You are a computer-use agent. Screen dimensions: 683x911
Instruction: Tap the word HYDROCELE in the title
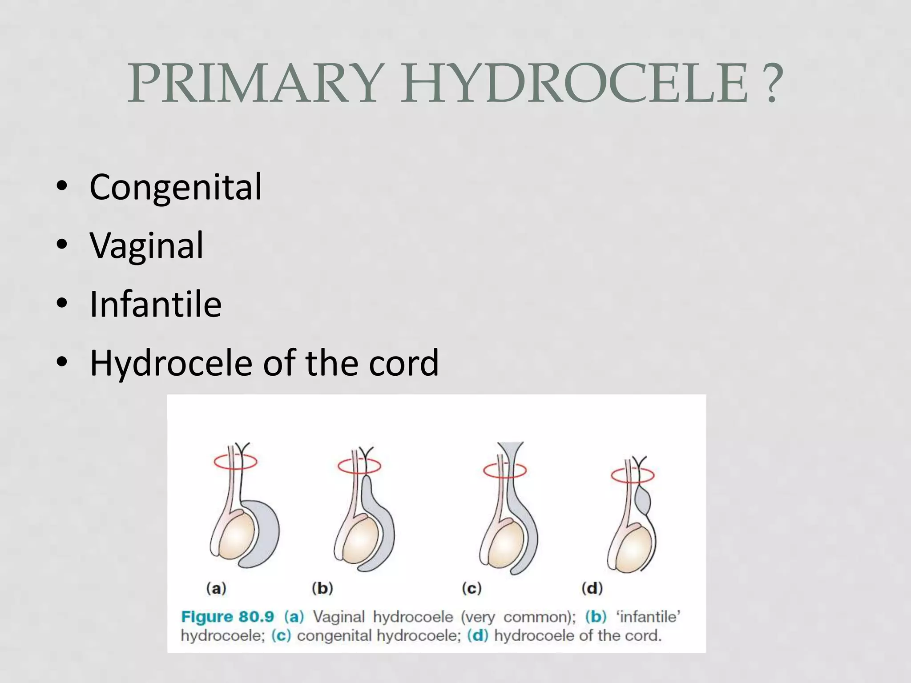(576, 83)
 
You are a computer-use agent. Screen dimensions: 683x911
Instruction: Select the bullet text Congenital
(176, 187)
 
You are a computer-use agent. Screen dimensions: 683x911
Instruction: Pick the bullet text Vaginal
(146, 245)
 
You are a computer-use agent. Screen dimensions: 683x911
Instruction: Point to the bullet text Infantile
(155, 304)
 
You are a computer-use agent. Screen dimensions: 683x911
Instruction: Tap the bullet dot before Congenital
(62, 187)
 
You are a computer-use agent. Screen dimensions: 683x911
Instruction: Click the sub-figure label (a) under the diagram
(216, 589)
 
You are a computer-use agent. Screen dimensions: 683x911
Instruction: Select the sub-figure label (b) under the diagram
(322, 589)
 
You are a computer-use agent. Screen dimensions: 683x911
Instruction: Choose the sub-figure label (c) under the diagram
(472, 589)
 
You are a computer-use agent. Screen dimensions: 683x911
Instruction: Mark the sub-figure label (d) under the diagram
(592, 589)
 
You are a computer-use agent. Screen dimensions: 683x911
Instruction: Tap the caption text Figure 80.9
(227, 617)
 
